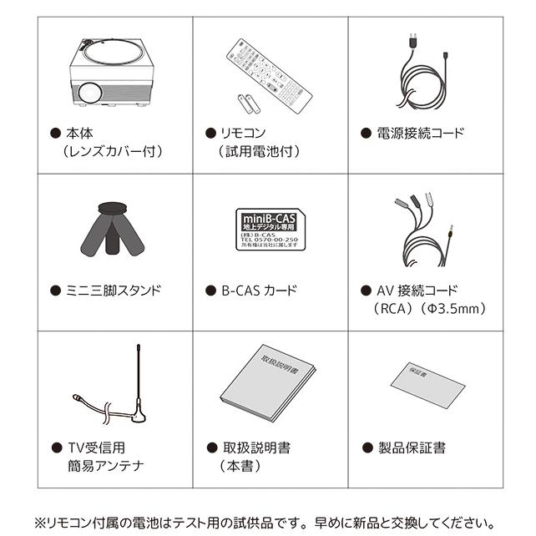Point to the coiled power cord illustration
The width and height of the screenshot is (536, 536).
[x=425, y=79]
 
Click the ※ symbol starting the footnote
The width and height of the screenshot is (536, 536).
[x=40, y=520]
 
